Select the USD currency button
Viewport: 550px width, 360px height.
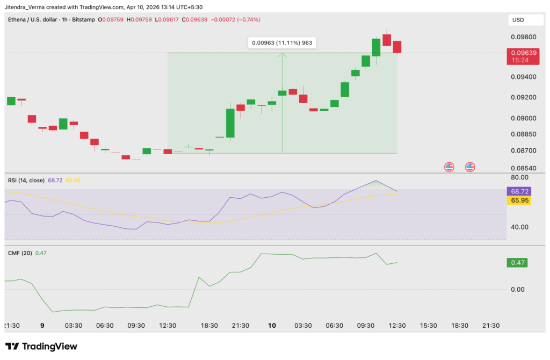(518, 20)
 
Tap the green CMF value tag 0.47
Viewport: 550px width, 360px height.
(519, 263)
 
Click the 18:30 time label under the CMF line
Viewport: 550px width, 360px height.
(209, 326)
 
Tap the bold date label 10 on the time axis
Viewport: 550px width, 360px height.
(272, 326)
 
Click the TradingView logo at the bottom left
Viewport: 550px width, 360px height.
(41, 347)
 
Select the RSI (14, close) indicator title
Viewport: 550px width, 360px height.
(26, 180)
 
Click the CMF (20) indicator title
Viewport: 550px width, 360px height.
(19, 253)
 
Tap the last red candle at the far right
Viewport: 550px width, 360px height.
(397, 47)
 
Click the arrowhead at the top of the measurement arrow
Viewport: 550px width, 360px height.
(283, 54)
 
